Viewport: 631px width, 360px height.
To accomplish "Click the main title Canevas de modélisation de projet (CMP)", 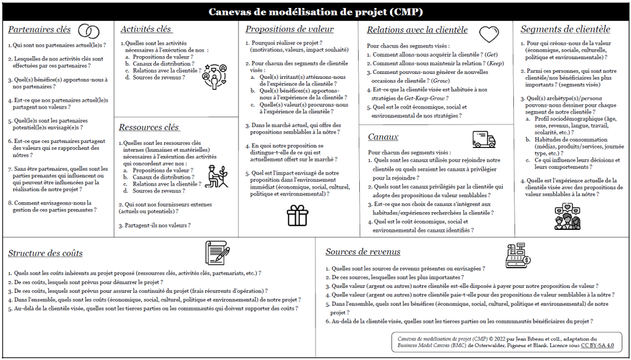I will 315,12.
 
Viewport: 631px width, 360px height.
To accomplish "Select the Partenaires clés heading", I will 39,30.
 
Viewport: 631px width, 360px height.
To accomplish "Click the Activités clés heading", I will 146,29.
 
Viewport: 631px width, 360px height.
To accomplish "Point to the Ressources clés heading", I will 149,127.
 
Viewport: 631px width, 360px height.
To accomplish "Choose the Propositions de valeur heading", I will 290,29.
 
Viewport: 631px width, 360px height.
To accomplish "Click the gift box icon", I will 297,215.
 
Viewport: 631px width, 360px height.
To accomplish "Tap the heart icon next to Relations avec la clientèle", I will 489,33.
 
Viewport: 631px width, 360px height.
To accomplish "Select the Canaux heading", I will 383,136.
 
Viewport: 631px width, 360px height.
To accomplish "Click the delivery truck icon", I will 484,139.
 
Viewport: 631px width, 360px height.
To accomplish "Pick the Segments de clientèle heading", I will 565,29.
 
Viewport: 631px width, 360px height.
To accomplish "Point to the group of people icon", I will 566,215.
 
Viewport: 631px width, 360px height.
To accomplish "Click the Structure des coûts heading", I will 46,253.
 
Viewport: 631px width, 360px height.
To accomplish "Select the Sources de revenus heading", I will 363,252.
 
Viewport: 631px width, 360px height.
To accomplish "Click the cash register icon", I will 518,255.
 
